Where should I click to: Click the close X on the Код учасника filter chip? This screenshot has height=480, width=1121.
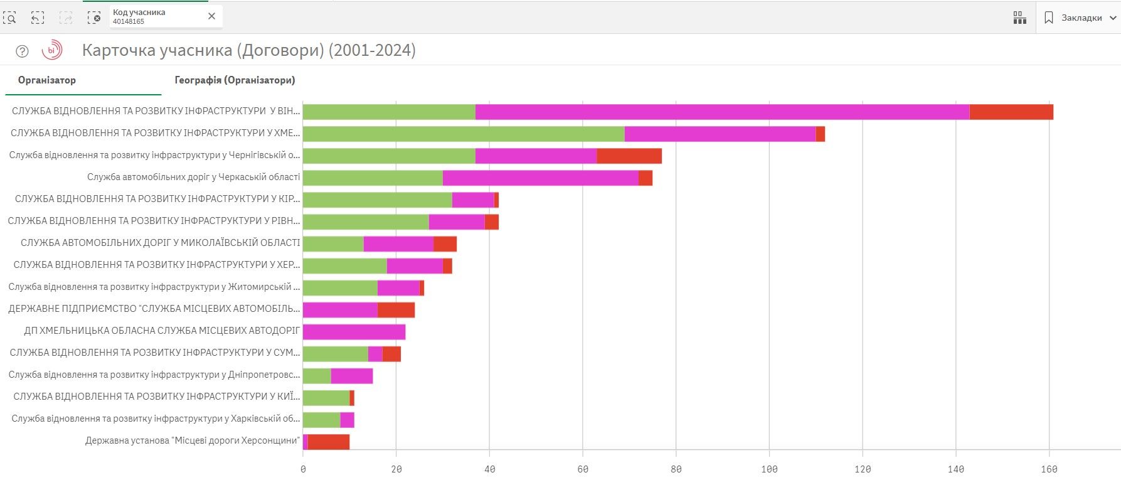coord(211,16)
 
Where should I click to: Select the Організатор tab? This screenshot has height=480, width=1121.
coord(47,80)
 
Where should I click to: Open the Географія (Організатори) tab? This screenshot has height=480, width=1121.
coord(235,80)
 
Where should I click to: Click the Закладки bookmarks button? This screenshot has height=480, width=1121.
coord(1080,18)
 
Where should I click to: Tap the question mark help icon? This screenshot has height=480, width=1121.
coord(22,51)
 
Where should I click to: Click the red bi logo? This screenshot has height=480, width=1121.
coord(52,50)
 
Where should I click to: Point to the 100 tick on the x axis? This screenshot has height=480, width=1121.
coord(769,469)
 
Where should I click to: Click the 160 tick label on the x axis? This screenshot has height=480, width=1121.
coord(1049,469)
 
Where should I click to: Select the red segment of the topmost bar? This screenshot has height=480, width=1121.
coord(1011,112)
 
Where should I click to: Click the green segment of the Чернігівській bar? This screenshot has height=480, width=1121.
coord(388,156)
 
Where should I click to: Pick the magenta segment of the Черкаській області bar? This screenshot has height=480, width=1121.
coord(540,178)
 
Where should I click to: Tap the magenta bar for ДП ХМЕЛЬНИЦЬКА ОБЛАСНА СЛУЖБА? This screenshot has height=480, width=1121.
coord(354,332)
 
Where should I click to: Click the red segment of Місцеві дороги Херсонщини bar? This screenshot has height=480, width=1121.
coord(328,442)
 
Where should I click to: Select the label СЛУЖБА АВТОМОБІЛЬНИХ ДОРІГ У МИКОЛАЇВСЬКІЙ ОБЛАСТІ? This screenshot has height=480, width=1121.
coord(160,243)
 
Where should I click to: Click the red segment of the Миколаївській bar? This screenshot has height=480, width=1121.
coord(445,243)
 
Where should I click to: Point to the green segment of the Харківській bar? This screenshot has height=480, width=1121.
coord(321,420)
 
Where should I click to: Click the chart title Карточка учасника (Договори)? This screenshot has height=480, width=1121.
coord(248,50)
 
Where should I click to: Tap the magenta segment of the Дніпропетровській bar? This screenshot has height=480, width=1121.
coord(351,376)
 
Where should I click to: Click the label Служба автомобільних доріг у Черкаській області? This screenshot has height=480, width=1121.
coord(193,177)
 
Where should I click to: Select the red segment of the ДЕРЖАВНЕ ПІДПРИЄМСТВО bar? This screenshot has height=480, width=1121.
coord(396,309)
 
